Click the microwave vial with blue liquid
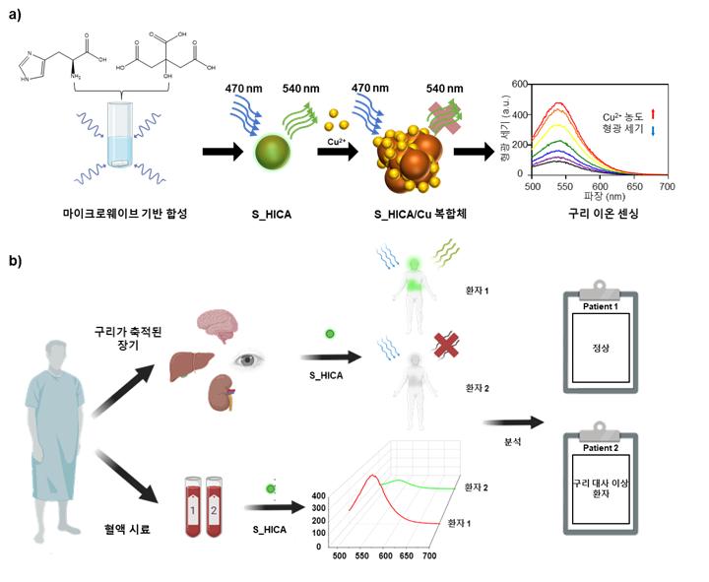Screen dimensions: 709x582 click(x=120, y=134)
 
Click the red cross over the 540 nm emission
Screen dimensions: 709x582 click(x=445, y=117)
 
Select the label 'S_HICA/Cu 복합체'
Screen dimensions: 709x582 click(x=420, y=214)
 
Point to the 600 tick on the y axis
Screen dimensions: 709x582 click(x=520, y=84)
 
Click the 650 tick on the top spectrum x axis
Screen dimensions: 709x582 click(x=634, y=186)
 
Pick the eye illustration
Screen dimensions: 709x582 click(x=248, y=360)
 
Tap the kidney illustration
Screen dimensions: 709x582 click(x=223, y=393)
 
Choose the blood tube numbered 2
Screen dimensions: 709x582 click(x=214, y=507)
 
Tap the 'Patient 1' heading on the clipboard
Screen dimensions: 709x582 click(x=601, y=306)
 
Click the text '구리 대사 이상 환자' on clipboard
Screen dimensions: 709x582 click(x=601, y=488)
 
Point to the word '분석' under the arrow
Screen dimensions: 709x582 click(x=513, y=442)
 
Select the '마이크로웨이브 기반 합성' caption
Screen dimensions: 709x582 click(x=125, y=213)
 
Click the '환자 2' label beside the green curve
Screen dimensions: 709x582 click(x=477, y=487)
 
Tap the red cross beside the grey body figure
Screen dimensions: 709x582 click(x=446, y=345)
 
